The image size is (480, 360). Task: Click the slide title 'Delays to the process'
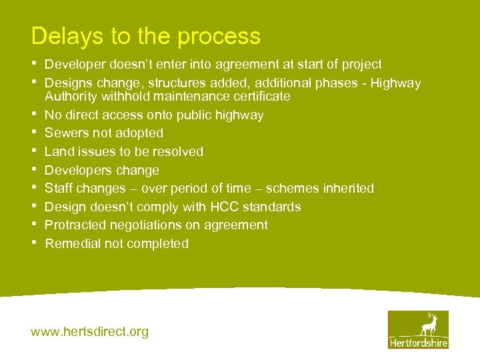pos(145,36)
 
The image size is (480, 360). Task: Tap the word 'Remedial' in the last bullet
pos(71,244)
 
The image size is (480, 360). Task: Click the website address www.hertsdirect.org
pos(90,331)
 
